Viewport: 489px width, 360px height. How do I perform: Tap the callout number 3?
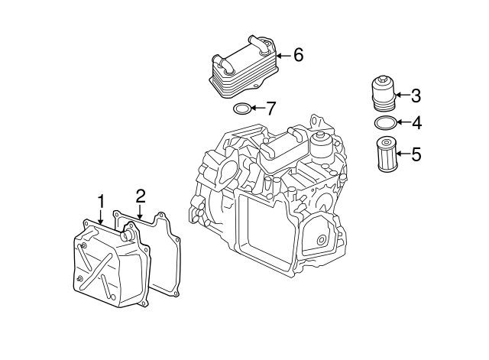(x=416, y=96)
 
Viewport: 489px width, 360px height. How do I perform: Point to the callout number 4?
(x=416, y=122)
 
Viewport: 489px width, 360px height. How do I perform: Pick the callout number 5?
(x=416, y=154)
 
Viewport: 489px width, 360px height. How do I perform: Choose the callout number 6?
(x=298, y=54)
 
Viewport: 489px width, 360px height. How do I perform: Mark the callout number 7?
(x=271, y=108)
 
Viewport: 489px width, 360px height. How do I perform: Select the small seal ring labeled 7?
(x=241, y=108)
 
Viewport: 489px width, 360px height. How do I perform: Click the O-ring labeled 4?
(x=385, y=122)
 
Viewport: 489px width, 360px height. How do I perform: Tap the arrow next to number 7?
(x=257, y=108)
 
